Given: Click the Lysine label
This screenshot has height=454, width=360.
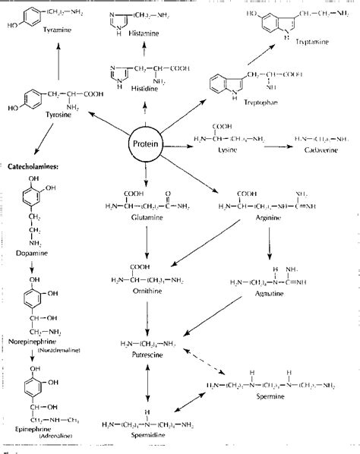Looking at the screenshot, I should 237,153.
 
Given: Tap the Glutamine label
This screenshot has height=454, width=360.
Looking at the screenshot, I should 134,219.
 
